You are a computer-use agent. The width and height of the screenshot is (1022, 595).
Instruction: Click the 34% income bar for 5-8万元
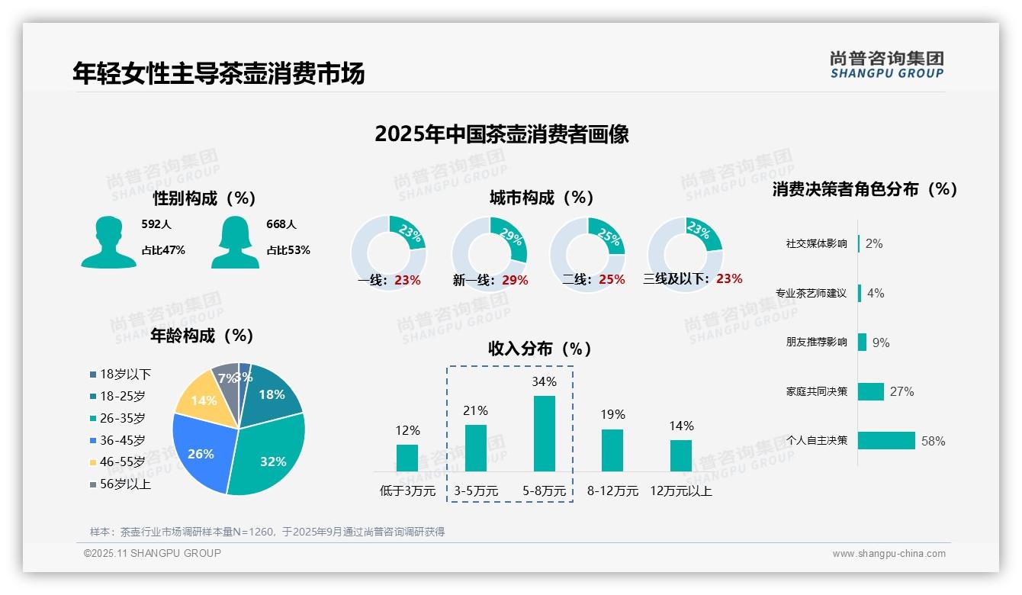pos(544,433)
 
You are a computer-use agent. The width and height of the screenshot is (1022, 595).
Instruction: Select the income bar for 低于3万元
pos(407,458)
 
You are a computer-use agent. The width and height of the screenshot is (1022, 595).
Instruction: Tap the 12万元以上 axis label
pos(680,491)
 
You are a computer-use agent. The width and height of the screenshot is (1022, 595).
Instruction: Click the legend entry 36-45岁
pos(122,440)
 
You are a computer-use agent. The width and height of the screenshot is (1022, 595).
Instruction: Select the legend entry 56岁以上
pos(125,484)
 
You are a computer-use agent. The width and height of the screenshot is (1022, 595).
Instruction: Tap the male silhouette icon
pos(108,242)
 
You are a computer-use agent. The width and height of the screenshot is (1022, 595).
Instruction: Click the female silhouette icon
pos(235,242)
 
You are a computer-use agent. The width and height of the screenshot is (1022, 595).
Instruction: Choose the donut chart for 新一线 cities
pos(489,253)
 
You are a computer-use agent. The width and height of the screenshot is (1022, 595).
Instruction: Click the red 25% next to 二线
pos(612,280)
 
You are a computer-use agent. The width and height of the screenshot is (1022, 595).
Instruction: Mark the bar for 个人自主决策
pos(886,441)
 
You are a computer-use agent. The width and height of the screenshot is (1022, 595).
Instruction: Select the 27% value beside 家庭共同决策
pos(901,392)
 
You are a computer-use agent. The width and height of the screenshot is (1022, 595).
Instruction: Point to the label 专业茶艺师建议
pos(811,294)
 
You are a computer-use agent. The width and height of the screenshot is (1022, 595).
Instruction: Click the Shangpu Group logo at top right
pos(887,65)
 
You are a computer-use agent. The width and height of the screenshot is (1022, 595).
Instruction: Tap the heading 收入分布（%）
pos(540,349)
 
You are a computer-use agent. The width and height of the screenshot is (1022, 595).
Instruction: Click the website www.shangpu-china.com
pos(889,554)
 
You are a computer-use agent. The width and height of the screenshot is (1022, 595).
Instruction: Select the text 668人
pos(281,224)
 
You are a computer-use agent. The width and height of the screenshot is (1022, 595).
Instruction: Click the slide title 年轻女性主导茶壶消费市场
pos(219,73)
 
